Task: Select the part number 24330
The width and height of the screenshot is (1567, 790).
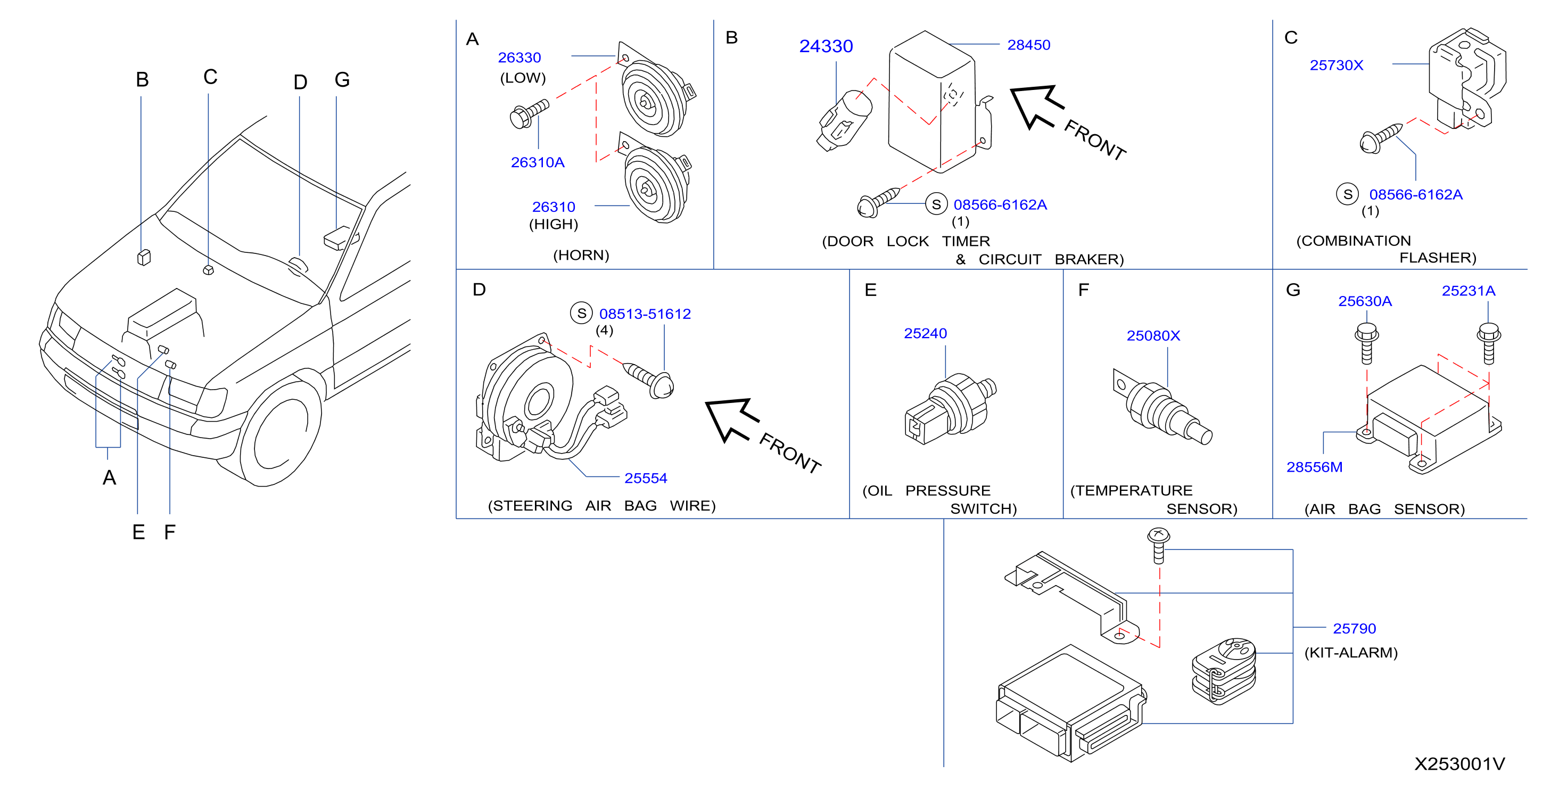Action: [x=826, y=46]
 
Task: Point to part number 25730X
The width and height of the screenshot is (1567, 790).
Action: [x=1337, y=65]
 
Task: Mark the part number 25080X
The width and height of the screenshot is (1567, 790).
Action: [x=1153, y=335]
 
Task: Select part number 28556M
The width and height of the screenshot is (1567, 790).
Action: [x=1314, y=467]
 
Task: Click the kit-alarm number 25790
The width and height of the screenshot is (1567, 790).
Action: [x=1354, y=628]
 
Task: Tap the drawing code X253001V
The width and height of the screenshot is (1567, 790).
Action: [x=1459, y=764]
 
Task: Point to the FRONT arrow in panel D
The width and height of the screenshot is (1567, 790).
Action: [x=731, y=419]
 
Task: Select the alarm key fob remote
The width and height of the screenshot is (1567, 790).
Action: [x=1223, y=671]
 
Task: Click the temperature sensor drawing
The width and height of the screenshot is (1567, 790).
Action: [x=1162, y=407]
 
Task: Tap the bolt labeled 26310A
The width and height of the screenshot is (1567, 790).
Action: [x=529, y=114]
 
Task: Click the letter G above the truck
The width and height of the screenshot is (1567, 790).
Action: [x=342, y=80]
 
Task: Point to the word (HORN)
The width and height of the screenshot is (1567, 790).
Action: [x=581, y=255]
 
